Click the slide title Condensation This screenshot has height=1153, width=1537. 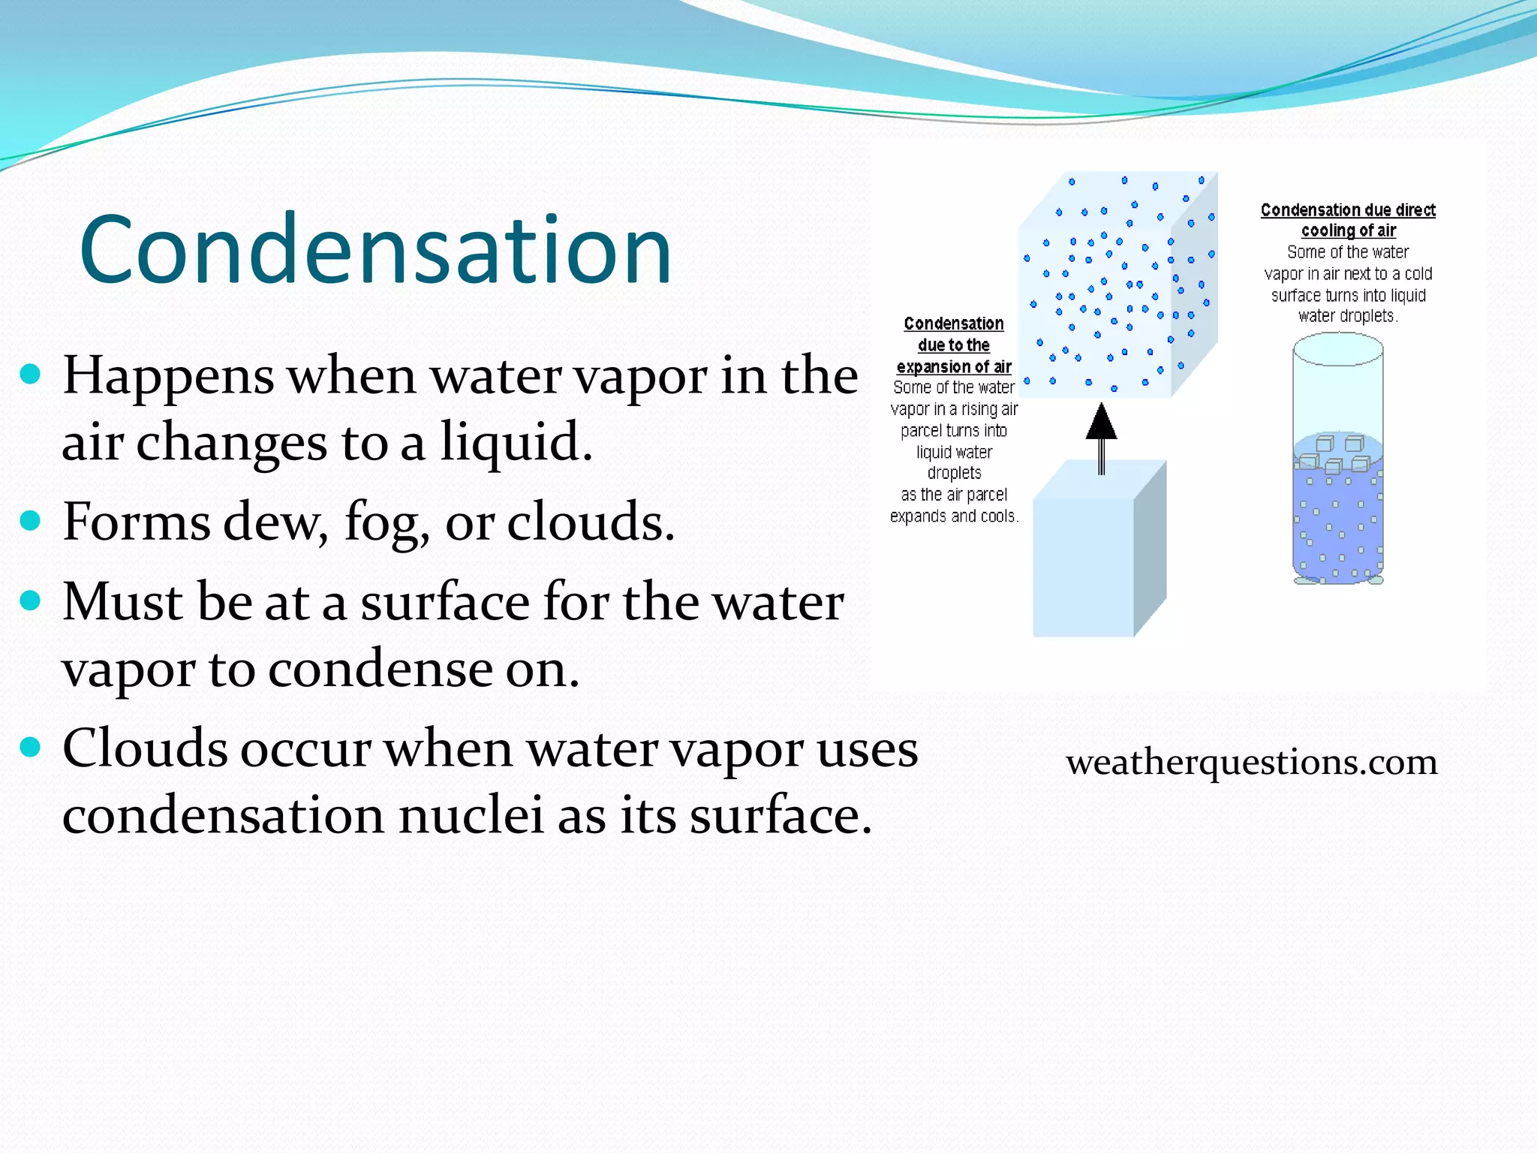[375, 250]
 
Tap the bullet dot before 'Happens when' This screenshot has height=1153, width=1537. [30, 374]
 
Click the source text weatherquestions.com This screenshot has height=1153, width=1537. [1251, 762]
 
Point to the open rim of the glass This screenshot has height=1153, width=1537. [1337, 349]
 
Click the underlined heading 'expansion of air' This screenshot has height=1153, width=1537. [954, 367]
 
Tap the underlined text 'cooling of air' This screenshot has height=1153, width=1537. [1348, 230]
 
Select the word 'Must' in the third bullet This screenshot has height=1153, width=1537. [110, 602]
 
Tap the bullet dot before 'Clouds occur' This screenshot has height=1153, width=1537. [30, 748]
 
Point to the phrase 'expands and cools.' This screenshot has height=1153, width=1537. [954, 516]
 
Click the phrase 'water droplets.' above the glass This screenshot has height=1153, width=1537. [1348, 316]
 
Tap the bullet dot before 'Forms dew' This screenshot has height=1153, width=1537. [30, 520]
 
